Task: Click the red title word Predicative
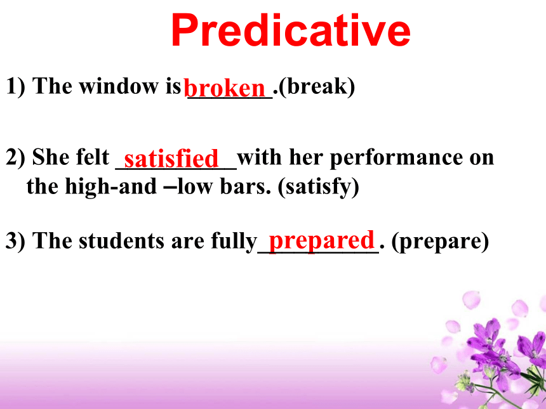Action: [x=290, y=30]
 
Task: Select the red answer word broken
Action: [x=225, y=88]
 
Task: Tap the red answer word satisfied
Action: [x=171, y=159]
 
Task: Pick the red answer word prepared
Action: [x=321, y=242]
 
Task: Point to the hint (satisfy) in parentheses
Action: [x=318, y=187]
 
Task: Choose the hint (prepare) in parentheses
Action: [x=440, y=242]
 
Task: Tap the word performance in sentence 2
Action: [x=396, y=159]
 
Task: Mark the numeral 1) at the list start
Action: [x=16, y=86]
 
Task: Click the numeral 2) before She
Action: [x=16, y=158]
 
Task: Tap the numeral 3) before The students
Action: [x=16, y=241]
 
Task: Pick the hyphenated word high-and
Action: [x=110, y=187]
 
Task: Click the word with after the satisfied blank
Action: [x=260, y=157]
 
